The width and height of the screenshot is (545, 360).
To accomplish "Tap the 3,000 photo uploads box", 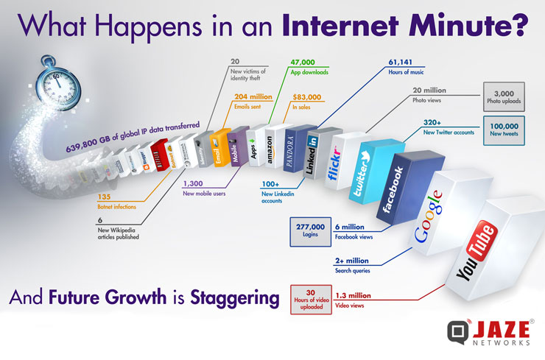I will point(504,98).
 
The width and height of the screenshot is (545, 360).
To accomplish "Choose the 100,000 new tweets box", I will point(504,131).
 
